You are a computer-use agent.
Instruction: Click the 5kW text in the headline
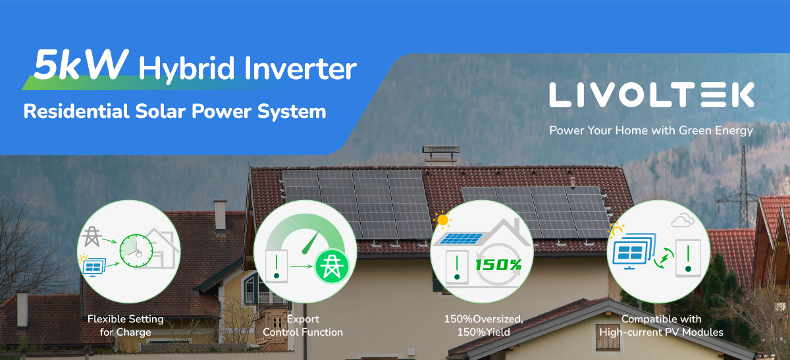pos(80,64)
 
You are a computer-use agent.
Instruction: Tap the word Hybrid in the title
pos(186,68)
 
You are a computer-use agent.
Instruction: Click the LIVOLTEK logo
pos(651,95)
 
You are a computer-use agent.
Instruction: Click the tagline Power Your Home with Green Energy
pos(651,131)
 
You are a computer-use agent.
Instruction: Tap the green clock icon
pos(136,251)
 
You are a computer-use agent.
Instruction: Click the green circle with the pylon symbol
pos(332,267)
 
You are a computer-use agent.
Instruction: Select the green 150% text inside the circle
pos(498,265)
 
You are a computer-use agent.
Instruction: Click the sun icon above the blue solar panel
pos(442,220)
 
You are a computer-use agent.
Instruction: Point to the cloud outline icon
pos(683,220)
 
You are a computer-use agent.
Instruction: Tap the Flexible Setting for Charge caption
pos(126,325)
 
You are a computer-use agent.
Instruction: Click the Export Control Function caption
pos(303,325)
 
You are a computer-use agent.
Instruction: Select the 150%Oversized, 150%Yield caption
pos(483,325)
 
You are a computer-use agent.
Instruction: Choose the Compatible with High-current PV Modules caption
pos(661,325)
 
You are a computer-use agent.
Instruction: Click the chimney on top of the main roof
pos(441,155)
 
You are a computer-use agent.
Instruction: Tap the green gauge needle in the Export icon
pos(311,243)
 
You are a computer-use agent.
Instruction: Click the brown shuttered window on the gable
pos(607,338)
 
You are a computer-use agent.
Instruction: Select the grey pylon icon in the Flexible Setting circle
pos(92,236)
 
